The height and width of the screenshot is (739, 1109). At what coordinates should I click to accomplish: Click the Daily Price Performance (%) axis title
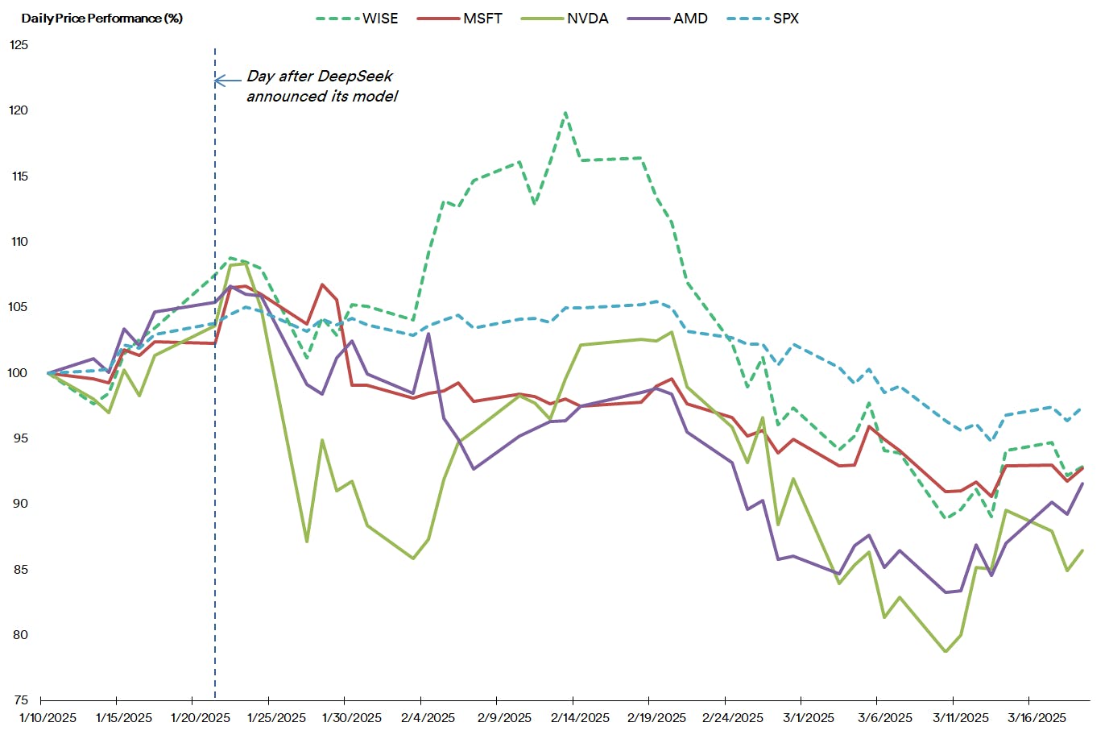102,19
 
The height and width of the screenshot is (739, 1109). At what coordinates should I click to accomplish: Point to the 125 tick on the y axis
19,45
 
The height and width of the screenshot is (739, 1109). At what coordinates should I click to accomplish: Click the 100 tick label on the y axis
19,373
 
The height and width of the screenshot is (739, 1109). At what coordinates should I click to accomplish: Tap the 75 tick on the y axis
20,700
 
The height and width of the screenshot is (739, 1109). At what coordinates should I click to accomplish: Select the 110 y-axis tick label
19,242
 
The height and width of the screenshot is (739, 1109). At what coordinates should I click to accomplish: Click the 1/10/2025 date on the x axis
48,717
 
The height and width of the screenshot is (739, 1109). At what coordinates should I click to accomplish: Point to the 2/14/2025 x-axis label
580,717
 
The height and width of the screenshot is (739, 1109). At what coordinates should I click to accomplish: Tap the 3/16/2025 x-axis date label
1037,717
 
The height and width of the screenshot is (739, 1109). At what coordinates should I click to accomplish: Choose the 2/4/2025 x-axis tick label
428,717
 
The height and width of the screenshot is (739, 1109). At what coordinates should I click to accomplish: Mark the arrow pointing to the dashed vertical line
227,81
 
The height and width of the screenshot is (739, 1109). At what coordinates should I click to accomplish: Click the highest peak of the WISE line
565,113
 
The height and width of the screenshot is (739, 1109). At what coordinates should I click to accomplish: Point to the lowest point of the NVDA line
946,651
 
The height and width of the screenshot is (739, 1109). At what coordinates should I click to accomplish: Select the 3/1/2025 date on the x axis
809,717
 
